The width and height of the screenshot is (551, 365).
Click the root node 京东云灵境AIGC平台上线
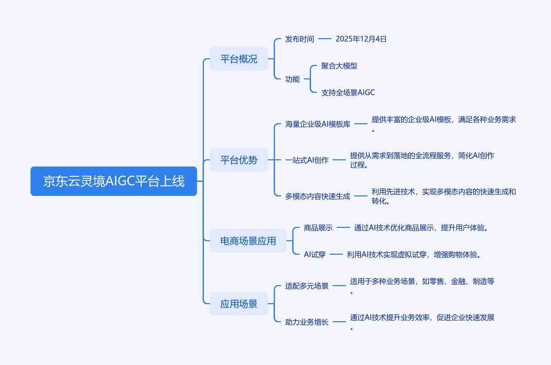[114, 181]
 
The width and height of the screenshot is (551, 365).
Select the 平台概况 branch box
[238, 59]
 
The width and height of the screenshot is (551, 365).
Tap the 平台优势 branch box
[238, 160]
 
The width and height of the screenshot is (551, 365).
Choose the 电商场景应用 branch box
[248, 241]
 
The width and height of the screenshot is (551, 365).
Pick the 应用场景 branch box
[238, 304]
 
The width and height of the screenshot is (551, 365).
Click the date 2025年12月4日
[361, 39]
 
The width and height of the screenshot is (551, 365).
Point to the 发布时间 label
[300, 39]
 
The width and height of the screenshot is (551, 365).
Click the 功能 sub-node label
[292, 79]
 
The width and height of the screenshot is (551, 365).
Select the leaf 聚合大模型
[339, 66]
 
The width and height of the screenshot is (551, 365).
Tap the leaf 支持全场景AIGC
[348, 93]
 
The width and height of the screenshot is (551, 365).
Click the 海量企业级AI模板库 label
[318, 124]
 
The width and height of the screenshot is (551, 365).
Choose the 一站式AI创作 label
[307, 160]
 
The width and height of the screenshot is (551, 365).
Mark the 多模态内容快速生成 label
[318, 196]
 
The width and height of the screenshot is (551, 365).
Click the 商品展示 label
[318, 227]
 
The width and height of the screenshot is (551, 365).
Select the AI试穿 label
[315, 254]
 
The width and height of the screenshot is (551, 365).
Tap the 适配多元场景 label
[307, 286]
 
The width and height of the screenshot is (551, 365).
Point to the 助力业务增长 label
[307, 322]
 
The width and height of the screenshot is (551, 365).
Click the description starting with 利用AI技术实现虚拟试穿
[414, 254]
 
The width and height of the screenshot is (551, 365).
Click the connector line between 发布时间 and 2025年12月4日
[325, 39]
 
